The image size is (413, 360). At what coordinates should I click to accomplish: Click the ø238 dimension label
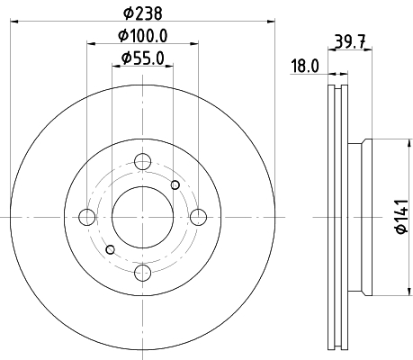point(143,13)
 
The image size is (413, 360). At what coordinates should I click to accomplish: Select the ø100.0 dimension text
point(142,36)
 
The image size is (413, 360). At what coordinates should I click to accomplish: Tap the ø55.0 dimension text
point(143,58)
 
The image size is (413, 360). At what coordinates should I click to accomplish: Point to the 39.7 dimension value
point(350,41)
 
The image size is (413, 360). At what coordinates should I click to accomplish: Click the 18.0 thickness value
point(305,66)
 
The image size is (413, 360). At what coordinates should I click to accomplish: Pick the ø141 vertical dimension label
point(401,216)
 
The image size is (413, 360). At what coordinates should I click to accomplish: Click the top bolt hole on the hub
point(142,161)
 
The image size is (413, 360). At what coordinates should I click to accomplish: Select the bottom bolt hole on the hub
point(142,273)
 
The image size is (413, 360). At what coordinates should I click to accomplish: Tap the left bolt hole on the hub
point(87,217)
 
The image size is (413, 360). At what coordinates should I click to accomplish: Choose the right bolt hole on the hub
point(199,217)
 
